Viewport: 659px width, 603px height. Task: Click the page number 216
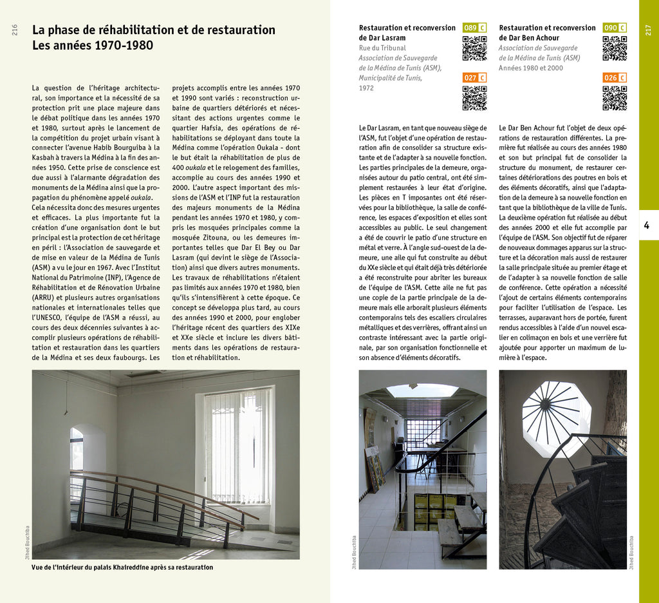[x=15, y=30]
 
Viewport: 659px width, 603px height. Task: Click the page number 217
[x=648, y=30]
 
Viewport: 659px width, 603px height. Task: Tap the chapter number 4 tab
[x=647, y=225]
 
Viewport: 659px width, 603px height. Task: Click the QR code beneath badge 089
[x=474, y=48]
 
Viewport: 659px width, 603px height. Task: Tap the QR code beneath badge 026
[x=615, y=98]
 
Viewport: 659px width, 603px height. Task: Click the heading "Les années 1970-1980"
[x=93, y=46]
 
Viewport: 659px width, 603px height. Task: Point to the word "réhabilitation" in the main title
[x=140, y=30]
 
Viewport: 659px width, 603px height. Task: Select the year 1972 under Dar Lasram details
[x=366, y=88]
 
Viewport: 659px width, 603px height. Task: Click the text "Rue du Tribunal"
[x=382, y=48]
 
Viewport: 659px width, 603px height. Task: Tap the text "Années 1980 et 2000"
[x=530, y=68]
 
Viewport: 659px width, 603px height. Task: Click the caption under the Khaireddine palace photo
[x=122, y=568]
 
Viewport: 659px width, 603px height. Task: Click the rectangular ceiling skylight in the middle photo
[x=422, y=390]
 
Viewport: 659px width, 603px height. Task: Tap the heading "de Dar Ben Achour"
[x=529, y=38]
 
